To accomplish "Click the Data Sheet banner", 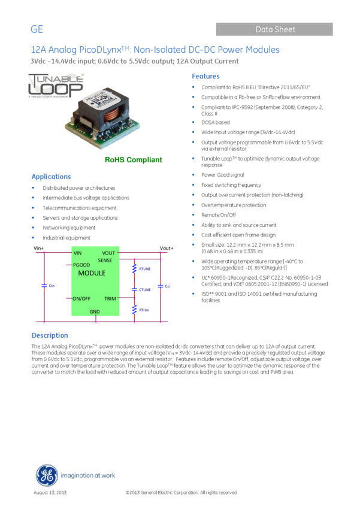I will point(274,29).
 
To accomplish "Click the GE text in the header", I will point(37,29).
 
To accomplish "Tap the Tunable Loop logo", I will point(56,85).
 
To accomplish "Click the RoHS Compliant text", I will point(133,160).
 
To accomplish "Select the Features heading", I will point(205,77).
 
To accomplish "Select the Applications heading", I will point(51,177).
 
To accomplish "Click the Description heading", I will point(50,335).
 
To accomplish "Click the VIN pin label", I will point(78,253).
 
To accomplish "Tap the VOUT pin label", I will point(108,253).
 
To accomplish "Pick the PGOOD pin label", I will point(81,265).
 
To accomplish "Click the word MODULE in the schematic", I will point(92,273).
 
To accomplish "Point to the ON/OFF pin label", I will point(81,298).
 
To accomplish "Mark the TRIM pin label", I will point(110,298).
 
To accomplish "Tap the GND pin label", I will point(95,312).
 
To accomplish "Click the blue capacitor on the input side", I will point(44,286).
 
